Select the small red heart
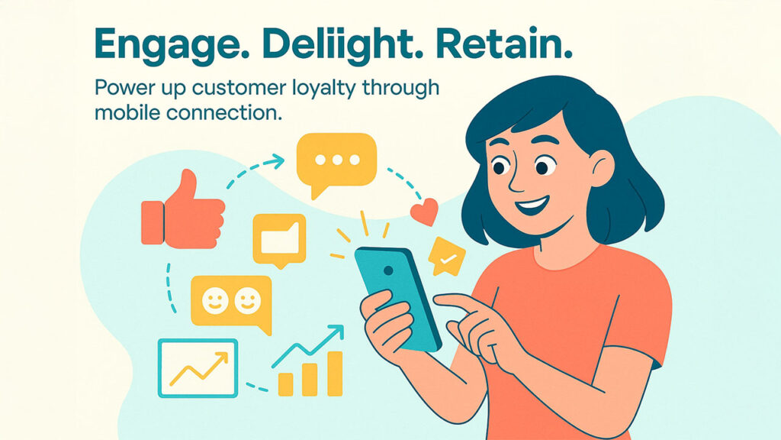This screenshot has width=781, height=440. tap(425, 211)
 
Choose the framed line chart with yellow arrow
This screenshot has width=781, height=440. tap(198, 367)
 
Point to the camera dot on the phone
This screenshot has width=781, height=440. tap(388, 270)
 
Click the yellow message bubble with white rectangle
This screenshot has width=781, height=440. tap(278, 239)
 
